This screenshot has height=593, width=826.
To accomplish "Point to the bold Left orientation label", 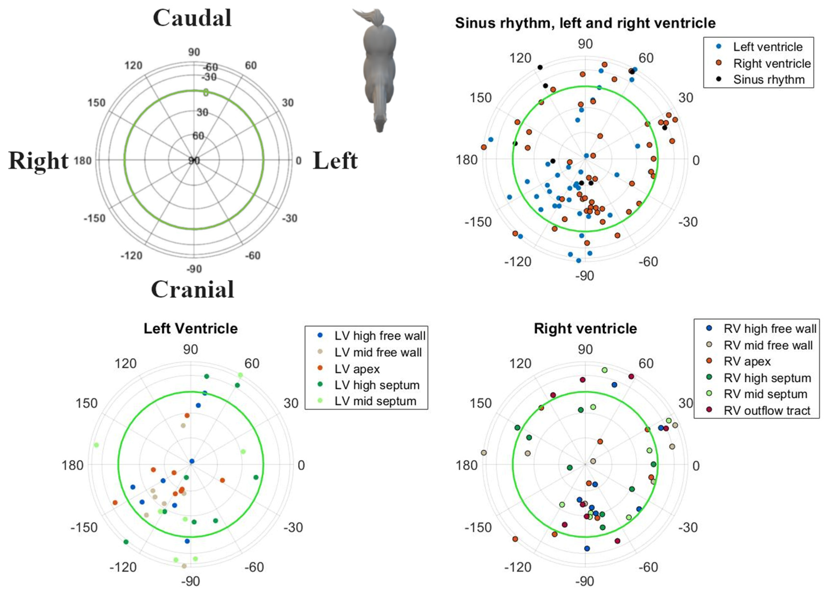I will point(335,161).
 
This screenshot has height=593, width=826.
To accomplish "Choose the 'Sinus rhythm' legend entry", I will point(768,79).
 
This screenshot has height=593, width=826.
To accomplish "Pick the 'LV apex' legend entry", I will point(357,369).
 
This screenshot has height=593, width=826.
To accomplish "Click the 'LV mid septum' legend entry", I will point(375,401).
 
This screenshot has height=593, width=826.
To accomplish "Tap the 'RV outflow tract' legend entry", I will point(767,410).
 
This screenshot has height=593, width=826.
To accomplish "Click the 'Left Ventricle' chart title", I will point(190,328).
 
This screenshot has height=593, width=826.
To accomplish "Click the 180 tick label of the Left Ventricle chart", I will point(73,465).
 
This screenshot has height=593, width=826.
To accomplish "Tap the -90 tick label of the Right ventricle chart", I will point(585,581).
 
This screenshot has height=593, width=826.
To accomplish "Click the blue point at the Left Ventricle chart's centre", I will point(192,461).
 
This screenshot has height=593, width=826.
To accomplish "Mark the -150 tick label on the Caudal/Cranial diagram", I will point(94,218).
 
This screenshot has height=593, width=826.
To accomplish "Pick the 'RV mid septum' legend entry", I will point(765,394).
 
